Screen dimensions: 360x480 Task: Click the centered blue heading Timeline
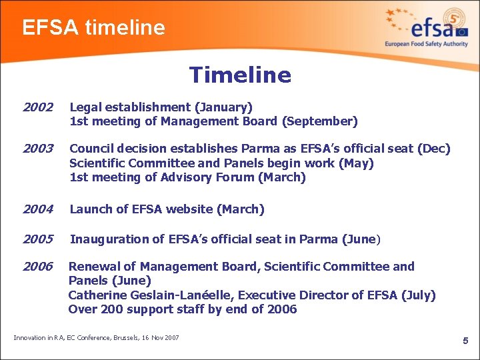[x=240, y=75]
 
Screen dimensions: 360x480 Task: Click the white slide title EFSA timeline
[x=93, y=27]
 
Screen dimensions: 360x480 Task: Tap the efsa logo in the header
[x=427, y=28]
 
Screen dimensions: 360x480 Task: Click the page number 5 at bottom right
[x=466, y=341]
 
